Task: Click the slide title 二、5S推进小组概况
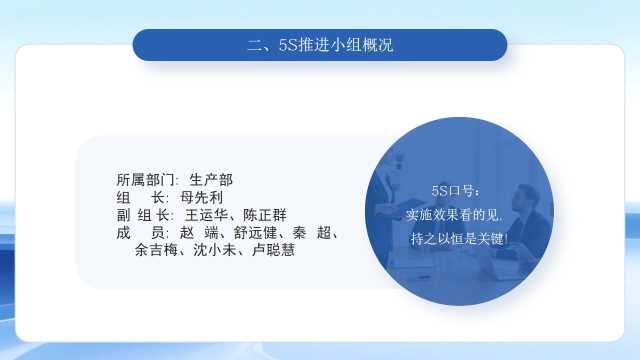point(320,45)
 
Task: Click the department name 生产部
point(211,180)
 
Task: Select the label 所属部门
point(145,180)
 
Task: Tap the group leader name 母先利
point(202,198)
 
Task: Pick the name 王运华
point(206,215)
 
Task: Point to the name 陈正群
point(265,215)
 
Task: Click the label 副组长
point(143,215)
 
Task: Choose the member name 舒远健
point(256,233)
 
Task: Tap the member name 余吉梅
point(156,250)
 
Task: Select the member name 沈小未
point(215,250)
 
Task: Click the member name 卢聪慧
point(273,250)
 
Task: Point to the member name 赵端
point(199,233)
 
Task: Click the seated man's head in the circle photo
point(526,197)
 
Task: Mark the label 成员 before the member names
point(140,233)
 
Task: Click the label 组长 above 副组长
point(140,198)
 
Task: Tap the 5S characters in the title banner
point(289,45)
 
